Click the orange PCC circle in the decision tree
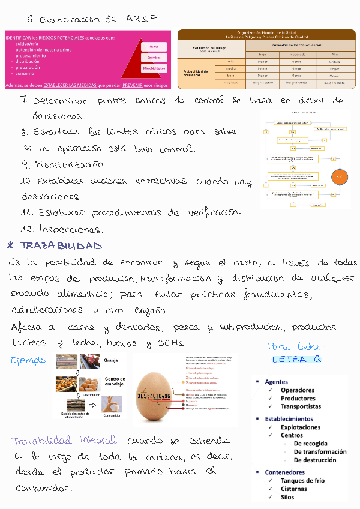click(339, 178)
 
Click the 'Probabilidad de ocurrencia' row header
click(196, 73)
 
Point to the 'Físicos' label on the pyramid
click(154, 46)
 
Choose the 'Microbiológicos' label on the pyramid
click(153, 69)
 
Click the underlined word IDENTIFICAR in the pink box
click(17, 38)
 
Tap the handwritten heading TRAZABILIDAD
click(61, 246)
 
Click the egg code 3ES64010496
click(162, 396)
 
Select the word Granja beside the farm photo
click(111, 361)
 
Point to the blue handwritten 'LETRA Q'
click(296, 360)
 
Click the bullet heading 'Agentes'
click(276, 382)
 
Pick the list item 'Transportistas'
click(301, 406)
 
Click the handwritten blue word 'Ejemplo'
click(29, 361)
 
